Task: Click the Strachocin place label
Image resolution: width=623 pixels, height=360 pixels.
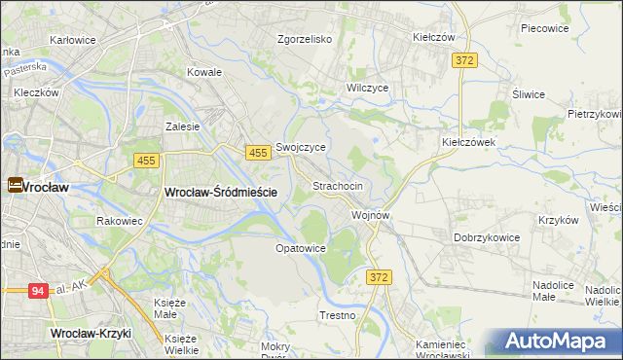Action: pos(338,185)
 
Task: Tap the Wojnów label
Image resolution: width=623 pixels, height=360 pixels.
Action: pos(371,215)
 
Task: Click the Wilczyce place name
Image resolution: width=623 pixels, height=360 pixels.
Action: pos(368,88)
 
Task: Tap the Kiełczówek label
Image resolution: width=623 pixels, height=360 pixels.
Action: pos(469,141)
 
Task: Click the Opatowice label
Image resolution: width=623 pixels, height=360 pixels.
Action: pos(300,249)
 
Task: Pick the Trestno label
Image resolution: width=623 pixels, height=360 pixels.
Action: pos(338,316)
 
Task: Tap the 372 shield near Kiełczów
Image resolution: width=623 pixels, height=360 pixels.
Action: pos(464,60)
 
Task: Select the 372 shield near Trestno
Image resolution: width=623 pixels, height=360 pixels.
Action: pos(380,278)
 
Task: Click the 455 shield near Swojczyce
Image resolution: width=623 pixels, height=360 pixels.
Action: pos(258,153)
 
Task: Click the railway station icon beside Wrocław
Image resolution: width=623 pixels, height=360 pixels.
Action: pos(16,184)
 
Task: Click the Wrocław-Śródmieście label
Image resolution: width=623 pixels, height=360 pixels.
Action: pos(221,193)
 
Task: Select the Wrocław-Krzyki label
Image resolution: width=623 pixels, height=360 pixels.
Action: pos(90,333)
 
